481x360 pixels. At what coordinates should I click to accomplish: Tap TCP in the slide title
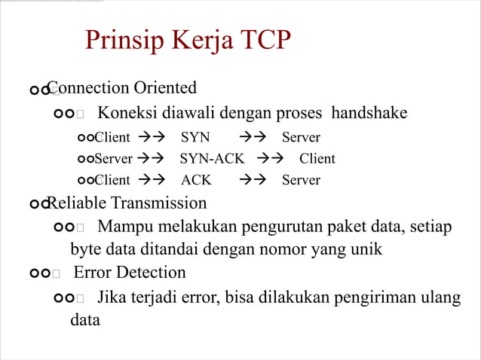(261, 39)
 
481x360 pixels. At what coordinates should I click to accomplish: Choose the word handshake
(369, 113)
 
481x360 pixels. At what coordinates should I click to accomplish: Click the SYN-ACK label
(212, 159)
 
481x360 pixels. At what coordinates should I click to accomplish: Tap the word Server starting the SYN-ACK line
(113, 159)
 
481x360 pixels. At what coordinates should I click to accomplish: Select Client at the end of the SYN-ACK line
(317, 159)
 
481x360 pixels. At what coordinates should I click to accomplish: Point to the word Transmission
(158, 203)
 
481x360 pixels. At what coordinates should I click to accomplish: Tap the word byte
(85, 249)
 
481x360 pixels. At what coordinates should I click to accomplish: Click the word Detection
(150, 272)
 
